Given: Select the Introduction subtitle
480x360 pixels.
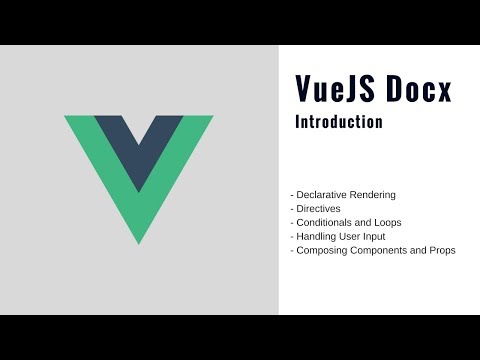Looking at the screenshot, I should tap(339, 123).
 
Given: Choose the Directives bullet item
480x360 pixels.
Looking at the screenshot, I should tap(318, 208).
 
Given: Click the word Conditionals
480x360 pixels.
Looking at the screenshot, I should tap(326, 222).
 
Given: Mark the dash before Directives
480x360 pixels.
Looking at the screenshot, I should tap(291, 208).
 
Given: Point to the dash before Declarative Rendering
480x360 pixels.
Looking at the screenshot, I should tap(291, 194).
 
